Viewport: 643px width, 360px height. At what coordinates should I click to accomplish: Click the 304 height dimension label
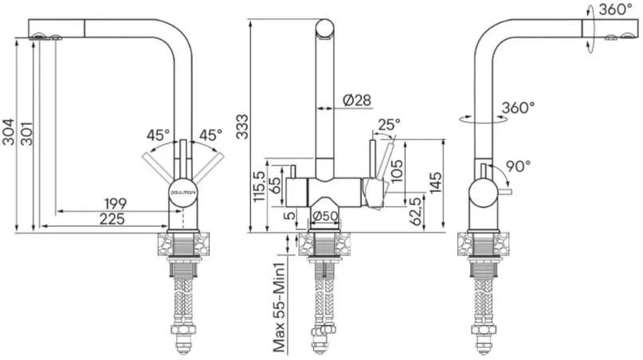click(8, 132)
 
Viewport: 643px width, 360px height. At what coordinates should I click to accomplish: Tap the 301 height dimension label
click(27, 133)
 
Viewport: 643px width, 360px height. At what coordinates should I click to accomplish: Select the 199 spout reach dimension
click(116, 203)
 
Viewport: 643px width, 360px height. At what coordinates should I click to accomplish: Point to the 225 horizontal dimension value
click(112, 219)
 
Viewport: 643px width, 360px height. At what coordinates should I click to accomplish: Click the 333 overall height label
click(242, 127)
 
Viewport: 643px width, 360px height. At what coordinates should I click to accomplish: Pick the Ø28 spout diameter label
click(357, 100)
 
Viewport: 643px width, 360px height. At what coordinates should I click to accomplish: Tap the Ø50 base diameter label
click(325, 216)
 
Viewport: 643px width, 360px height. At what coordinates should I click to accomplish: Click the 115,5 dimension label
click(260, 186)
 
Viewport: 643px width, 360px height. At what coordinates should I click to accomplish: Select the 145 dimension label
click(436, 182)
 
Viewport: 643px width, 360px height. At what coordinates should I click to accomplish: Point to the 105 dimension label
click(397, 171)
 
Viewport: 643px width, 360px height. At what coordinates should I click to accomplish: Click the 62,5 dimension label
click(416, 212)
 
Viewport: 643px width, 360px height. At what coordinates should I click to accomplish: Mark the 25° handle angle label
click(389, 124)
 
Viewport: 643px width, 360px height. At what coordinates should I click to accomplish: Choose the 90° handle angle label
click(518, 166)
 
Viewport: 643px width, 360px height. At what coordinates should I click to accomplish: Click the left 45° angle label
click(159, 135)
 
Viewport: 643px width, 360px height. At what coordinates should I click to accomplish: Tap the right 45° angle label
click(211, 135)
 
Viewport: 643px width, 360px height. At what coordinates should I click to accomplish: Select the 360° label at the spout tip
click(615, 9)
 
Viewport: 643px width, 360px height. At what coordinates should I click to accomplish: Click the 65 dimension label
click(276, 186)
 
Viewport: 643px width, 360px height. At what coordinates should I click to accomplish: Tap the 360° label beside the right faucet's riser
click(519, 108)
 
